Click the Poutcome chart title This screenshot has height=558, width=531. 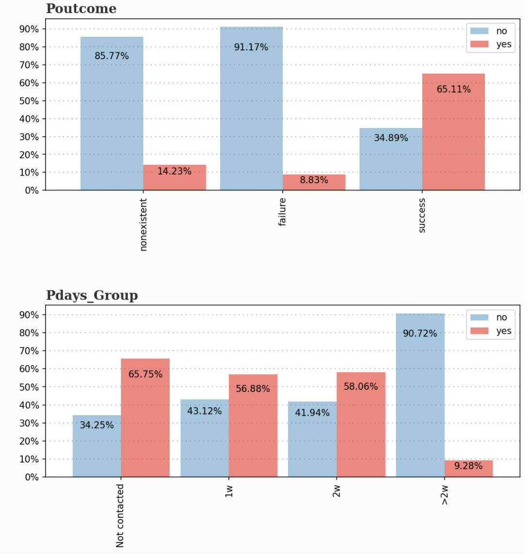click(81, 9)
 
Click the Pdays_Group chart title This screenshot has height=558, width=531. click(92, 295)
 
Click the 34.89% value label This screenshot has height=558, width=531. click(391, 138)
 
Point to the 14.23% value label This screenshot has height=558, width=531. click(174, 171)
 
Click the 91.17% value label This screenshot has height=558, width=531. click(251, 47)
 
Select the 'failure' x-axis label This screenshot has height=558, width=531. click(282, 212)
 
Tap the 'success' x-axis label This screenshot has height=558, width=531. click(422, 215)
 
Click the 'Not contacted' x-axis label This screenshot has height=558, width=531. click(120, 515)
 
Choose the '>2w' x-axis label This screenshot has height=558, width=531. click(445, 494)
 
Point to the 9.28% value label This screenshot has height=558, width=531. click(468, 466)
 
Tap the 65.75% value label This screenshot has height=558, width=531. click(145, 374)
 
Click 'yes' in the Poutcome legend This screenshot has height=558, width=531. click(503, 44)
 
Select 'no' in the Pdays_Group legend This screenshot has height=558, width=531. click(501, 317)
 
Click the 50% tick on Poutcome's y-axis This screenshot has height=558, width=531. click(29, 101)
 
